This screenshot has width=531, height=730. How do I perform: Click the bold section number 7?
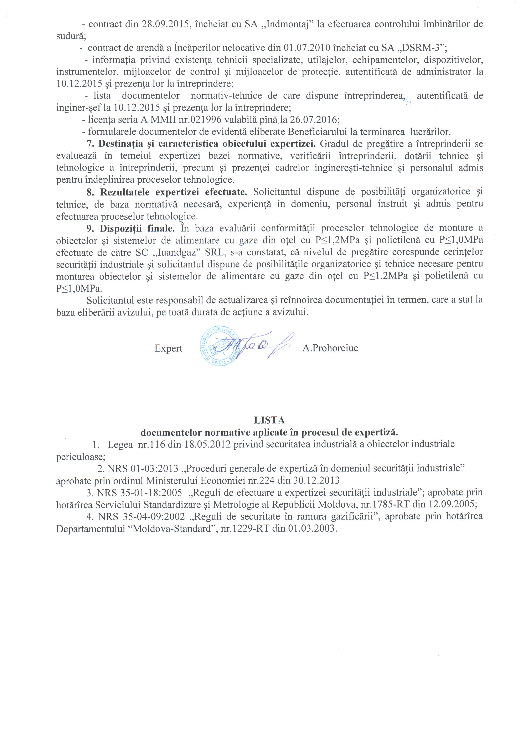pyautogui.click(x=90, y=144)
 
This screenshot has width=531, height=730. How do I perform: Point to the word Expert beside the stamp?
pyautogui.click(x=168, y=349)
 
